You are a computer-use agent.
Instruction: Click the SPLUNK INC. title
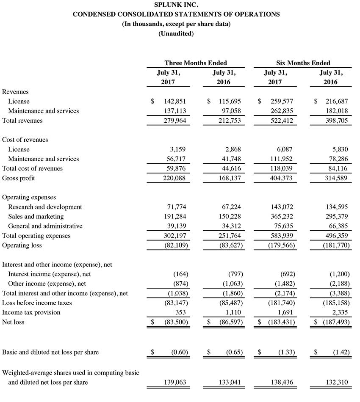coord(176,5)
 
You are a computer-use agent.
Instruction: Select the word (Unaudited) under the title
coord(176,33)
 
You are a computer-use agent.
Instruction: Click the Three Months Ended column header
coord(196,63)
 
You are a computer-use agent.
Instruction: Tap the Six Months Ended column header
coord(303,63)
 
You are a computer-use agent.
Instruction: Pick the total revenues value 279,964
coord(174,121)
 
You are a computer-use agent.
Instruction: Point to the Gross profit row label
coord(19,178)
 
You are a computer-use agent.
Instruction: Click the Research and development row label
coord(45,207)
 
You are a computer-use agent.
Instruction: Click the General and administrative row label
coord(45,226)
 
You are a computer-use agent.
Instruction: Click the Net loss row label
coord(13,322)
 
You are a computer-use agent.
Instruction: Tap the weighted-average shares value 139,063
coord(174,383)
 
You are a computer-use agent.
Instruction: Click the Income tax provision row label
coord(31,313)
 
